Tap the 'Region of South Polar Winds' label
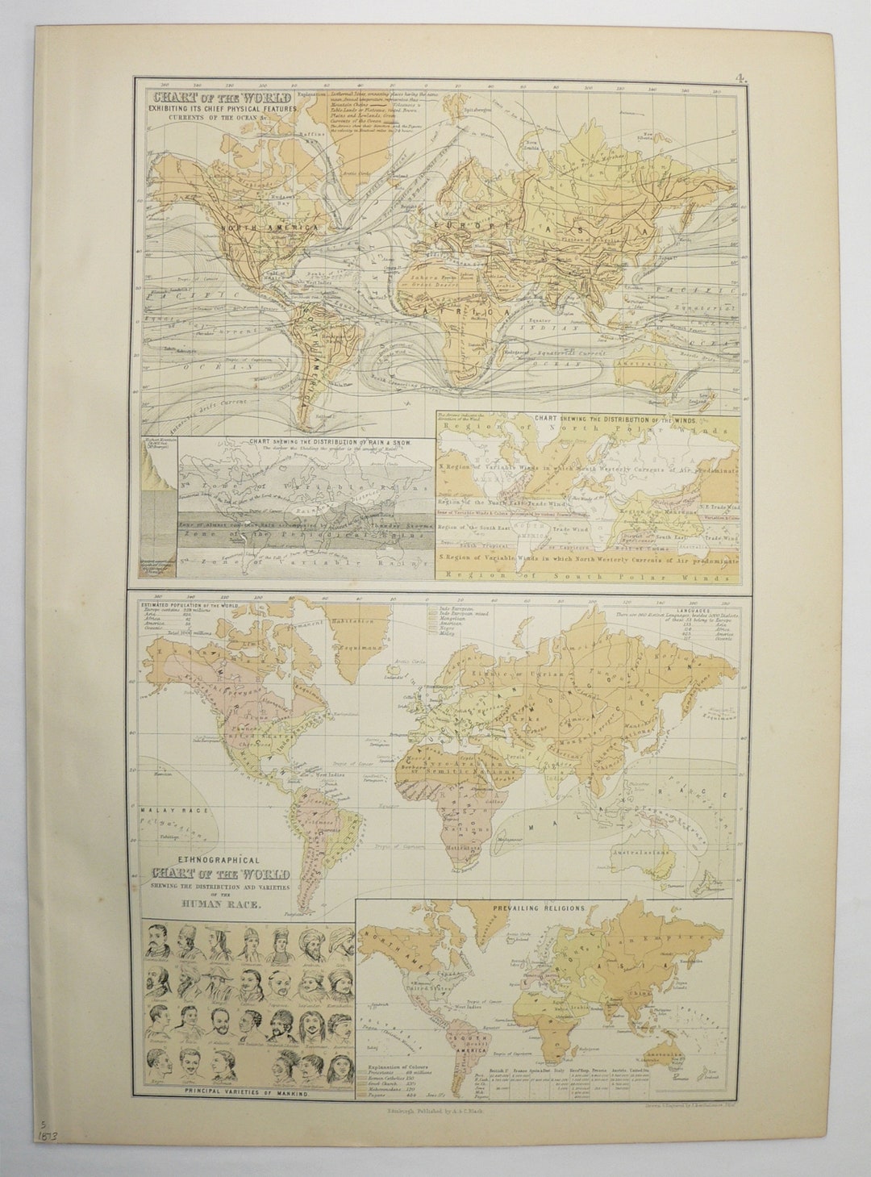pos(587,574)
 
